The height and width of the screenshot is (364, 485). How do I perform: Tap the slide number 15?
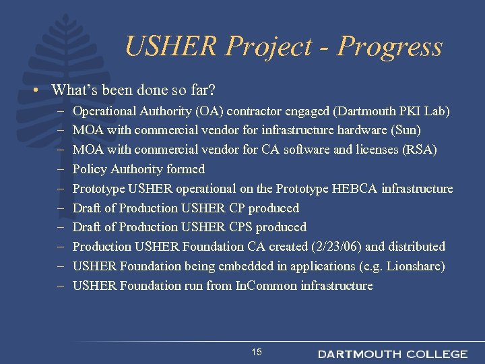point(256,352)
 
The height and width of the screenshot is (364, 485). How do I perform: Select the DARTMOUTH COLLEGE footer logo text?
point(392,354)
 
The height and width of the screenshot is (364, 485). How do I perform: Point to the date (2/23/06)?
point(333,247)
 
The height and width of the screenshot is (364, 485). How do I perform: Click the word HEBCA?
point(354,188)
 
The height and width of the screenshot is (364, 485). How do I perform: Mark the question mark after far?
point(215,90)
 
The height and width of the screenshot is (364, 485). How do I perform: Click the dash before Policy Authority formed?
point(60,169)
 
